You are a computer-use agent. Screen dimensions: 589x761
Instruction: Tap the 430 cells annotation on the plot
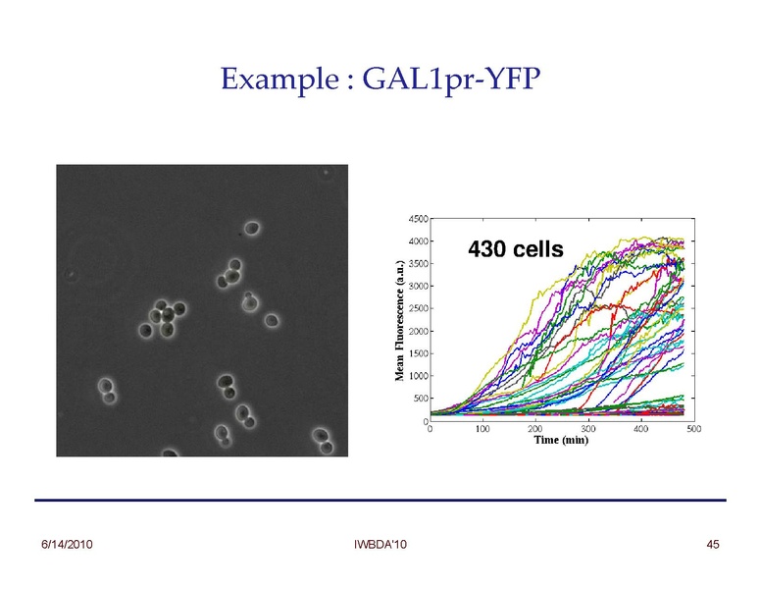517,249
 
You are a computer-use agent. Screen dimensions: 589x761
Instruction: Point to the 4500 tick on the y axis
416,218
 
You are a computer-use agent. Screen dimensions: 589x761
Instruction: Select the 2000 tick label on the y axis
416,331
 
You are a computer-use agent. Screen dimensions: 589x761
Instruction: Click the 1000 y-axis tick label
416,376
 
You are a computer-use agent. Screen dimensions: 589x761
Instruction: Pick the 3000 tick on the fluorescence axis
416,286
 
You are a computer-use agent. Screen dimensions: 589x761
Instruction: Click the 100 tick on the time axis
482,429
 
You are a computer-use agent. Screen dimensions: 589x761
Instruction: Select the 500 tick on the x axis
693,429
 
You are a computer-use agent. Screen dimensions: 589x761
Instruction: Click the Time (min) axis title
560,441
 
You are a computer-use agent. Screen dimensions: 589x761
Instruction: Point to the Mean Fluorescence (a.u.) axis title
399,320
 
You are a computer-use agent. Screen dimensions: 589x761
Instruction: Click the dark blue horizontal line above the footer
380,501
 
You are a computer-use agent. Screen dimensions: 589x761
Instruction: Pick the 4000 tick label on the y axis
416,241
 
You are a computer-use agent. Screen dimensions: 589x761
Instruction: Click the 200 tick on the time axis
535,429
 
